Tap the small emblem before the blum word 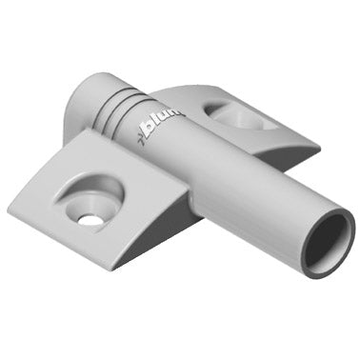142,132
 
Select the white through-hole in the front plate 90,220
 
